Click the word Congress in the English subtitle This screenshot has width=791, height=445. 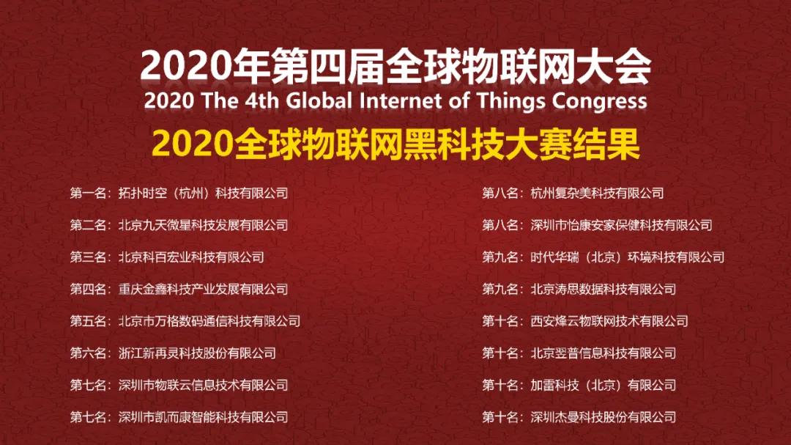599,101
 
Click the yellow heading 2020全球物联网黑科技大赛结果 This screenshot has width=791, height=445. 396,144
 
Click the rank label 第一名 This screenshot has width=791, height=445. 89,193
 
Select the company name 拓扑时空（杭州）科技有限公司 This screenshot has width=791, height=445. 204,193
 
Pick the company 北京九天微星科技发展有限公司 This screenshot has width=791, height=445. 204,225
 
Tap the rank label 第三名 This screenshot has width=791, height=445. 89,257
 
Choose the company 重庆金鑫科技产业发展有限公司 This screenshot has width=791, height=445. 204,289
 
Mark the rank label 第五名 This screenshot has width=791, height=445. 89,321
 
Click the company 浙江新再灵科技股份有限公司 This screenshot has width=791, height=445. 197,353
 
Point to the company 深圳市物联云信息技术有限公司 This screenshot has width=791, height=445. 204,385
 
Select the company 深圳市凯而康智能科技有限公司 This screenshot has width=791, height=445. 204,417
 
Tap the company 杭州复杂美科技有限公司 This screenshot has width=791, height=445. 598,193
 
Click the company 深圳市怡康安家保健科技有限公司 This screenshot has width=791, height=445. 622,225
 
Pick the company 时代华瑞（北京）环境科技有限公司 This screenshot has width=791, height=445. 628,257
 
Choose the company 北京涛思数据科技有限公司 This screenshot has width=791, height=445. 604,289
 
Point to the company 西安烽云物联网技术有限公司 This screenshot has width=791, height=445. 609,321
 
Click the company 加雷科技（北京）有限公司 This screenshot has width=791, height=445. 604,385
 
